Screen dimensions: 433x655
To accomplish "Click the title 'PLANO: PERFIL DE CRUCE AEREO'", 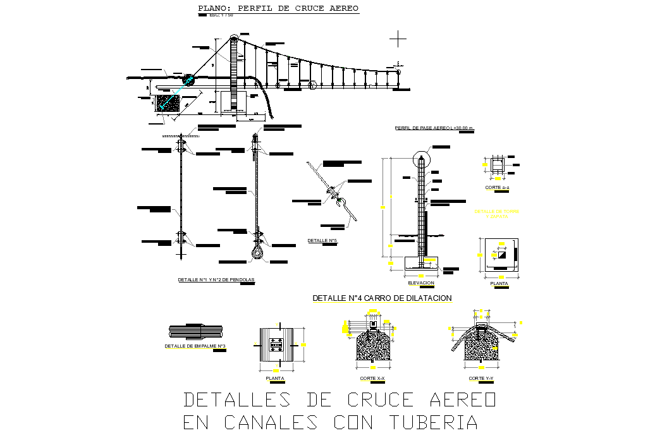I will click(278, 9).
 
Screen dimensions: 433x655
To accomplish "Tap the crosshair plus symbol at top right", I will click(398, 39).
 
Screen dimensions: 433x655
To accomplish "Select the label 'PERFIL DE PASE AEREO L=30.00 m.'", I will click(434, 128).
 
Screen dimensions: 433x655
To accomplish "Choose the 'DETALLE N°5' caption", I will click(322, 241).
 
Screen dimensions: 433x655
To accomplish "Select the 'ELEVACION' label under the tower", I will click(421, 283).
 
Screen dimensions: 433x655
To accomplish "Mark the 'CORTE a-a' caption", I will click(497, 188).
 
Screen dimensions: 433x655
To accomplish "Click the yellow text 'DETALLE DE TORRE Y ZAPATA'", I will click(497, 214).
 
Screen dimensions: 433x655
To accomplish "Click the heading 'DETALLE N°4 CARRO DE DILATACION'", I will click(382, 298).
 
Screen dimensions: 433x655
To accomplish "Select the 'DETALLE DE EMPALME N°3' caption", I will click(195, 346).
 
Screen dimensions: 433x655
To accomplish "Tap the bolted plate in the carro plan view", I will click(276, 344).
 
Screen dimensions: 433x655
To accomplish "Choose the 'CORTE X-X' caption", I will click(372, 378).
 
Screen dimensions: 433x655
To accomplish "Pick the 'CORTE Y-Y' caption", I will click(481, 378).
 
